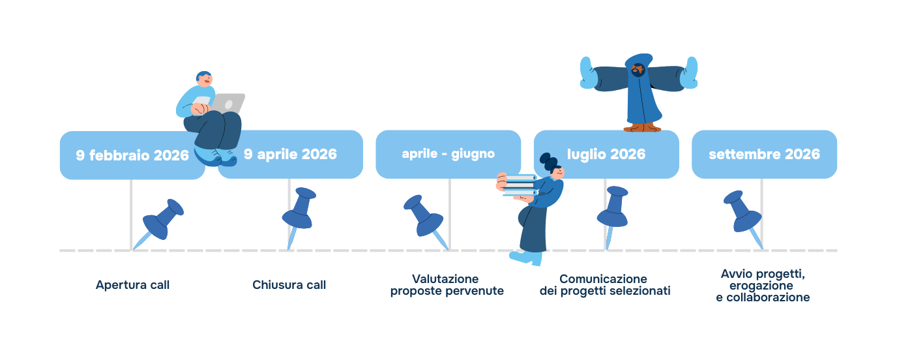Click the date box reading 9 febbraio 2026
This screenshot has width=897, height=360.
[x=124, y=156]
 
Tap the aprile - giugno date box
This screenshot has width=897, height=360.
[x=448, y=154]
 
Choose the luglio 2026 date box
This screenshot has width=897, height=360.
[x=606, y=155]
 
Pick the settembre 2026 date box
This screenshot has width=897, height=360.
[x=764, y=155]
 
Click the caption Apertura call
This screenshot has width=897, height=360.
[x=132, y=285]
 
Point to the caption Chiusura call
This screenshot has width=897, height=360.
[x=289, y=285]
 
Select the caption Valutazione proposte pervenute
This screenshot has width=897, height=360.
[x=447, y=285]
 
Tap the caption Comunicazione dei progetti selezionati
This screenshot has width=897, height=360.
[x=604, y=285]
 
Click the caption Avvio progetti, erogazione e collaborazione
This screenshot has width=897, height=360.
[x=762, y=285]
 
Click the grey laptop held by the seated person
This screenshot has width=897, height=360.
[x=229, y=103]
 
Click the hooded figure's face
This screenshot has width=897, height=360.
[x=638, y=68]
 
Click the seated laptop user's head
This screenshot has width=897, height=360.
[x=204, y=79]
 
